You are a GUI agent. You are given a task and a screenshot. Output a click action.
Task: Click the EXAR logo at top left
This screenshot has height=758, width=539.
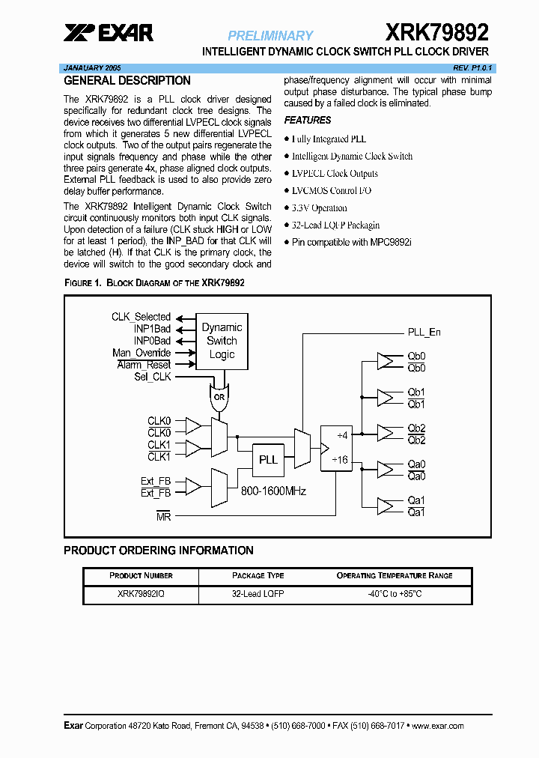click(x=109, y=32)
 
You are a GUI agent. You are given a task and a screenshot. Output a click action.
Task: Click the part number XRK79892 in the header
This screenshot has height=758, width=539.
click(x=437, y=32)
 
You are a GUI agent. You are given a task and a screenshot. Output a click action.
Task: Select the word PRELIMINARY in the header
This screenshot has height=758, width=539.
click(x=270, y=35)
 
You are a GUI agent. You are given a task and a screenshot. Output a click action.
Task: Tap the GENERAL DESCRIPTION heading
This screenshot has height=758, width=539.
click(x=127, y=81)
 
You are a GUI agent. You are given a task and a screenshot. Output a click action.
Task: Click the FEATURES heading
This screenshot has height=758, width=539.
click(x=307, y=120)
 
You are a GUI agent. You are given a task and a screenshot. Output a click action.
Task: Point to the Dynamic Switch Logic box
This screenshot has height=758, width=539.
click(x=222, y=341)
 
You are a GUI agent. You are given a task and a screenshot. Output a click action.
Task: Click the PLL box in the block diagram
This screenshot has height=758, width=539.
click(x=268, y=459)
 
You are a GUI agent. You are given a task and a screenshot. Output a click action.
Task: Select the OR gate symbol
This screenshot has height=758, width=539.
click(x=219, y=398)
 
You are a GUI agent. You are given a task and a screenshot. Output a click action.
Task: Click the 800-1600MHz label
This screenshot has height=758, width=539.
click(x=273, y=491)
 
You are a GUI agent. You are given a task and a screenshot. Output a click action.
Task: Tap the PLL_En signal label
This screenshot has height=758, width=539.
click(x=424, y=332)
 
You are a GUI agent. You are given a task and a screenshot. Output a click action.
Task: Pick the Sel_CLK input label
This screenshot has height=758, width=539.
click(x=152, y=376)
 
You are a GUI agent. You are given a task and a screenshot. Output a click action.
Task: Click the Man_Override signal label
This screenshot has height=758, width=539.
click(x=141, y=353)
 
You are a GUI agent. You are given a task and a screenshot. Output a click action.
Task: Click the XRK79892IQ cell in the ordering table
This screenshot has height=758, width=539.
click(x=140, y=594)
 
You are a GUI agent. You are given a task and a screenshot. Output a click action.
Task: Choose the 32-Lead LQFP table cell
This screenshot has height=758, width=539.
click(x=258, y=594)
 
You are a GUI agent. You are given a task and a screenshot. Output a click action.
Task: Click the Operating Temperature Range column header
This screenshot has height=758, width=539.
click(x=395, y=575)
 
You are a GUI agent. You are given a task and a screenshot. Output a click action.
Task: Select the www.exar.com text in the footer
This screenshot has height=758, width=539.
click(x=438, y=726)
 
